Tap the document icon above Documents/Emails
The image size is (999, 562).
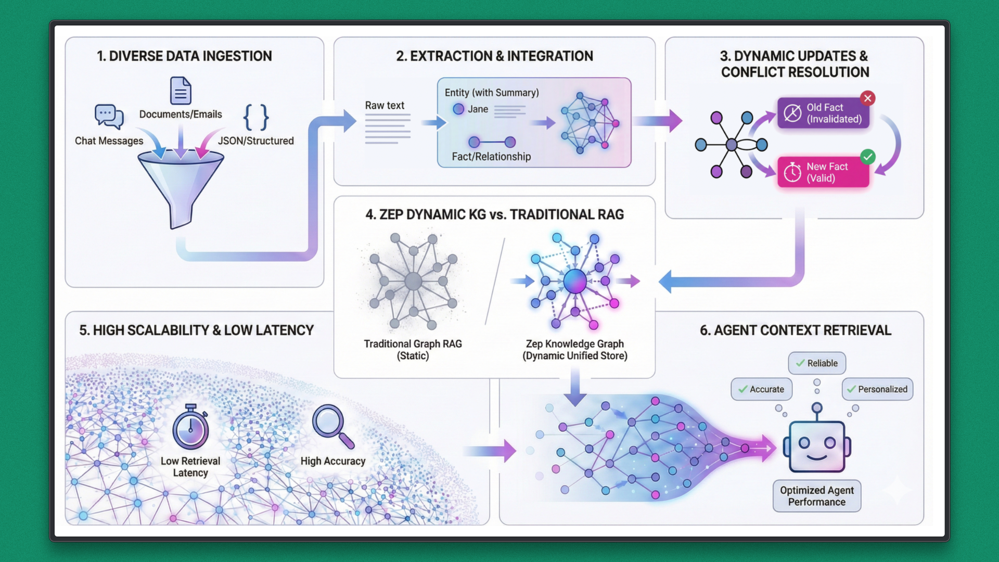click(181, 91)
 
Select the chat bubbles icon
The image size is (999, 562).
click(109, 117)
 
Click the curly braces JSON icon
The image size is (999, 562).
click(256, 117)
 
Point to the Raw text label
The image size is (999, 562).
click(385, 106)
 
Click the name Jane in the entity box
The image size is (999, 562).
click(478, 109)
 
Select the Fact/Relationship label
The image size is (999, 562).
click(491, 157)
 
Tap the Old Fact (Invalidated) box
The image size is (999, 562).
click(823, 113)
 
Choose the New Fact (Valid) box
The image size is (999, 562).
click(823, 172)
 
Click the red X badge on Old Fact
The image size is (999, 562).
click(867, 98)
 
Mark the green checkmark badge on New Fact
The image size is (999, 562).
click(867, 157)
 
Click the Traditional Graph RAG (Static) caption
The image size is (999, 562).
click(413, 350)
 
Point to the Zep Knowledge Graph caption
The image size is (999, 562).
click(574, 350)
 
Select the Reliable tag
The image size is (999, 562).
click(817, 363)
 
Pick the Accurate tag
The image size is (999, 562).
click(761, 389)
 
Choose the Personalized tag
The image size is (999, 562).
click(877, 389)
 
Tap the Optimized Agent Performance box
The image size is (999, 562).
click(817, 496)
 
